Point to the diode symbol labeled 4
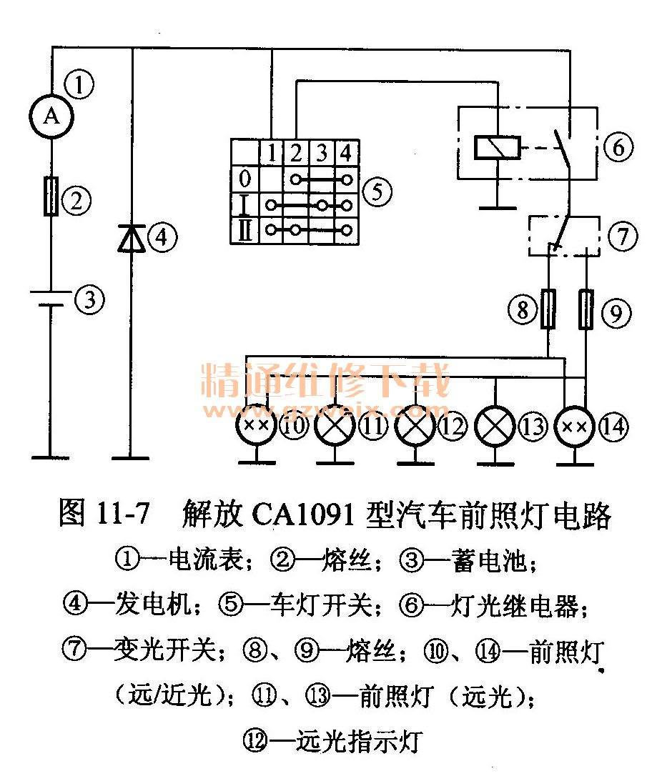point(133,237)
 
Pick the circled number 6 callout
point(618,149)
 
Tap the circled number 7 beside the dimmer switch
point(622,237)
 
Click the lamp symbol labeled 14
point(576,427)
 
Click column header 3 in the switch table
point(322,152)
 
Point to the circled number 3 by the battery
point(89,299)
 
